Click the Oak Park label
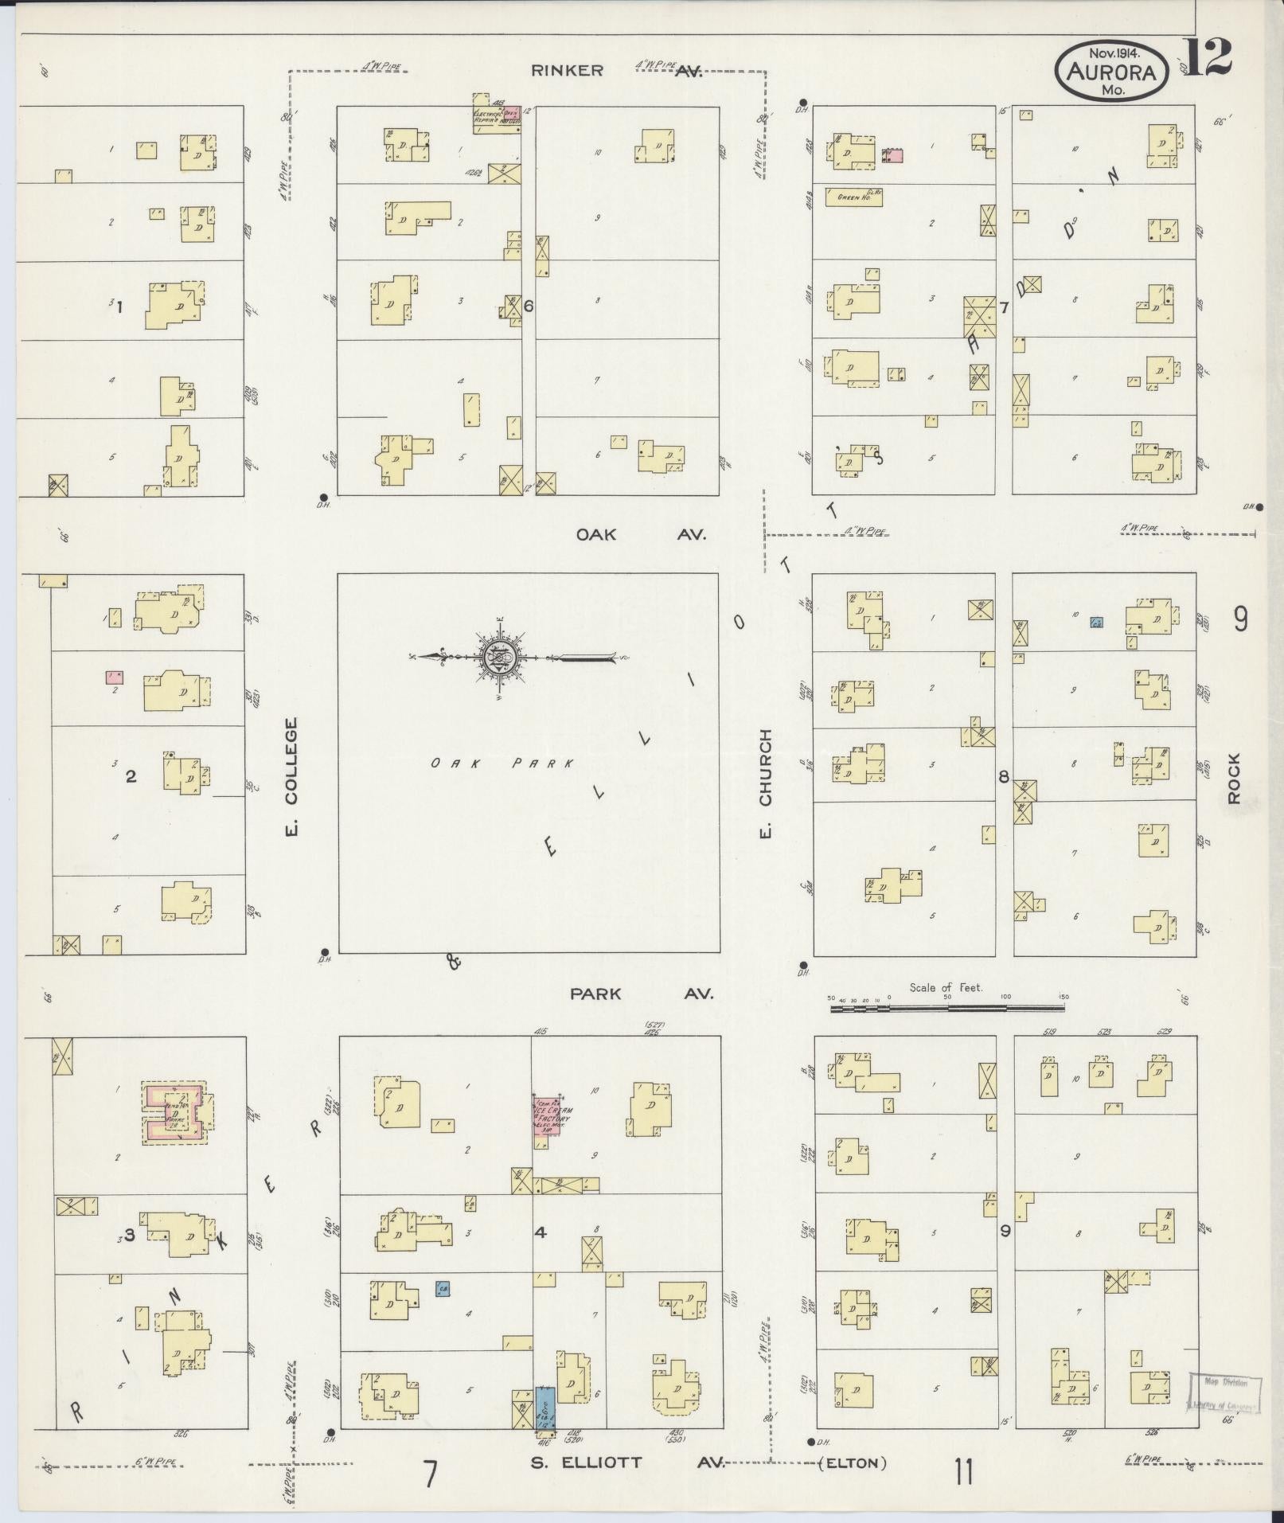click(502, 763)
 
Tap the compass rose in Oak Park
click(498, 657)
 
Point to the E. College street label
click(291, 778)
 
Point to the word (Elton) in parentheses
click(853, 1462)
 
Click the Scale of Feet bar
click(946, 1008)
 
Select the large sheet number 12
click(1206, 57)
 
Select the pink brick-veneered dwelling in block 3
click(175, 1112)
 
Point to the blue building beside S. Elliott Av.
click(545, 1408)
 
